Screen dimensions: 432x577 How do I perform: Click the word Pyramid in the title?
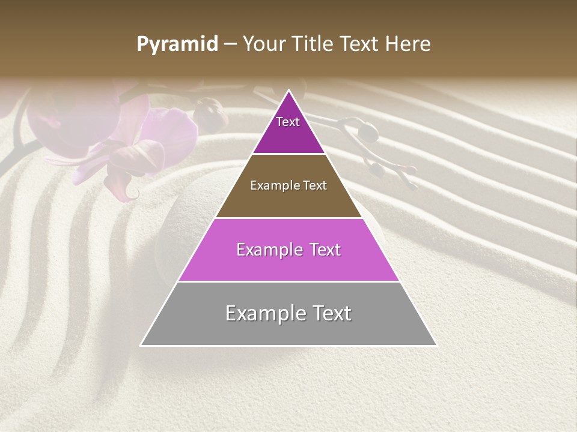tap(177, 44)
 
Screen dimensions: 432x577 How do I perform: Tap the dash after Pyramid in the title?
tap(230, 44)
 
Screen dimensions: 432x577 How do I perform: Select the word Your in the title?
tap(264, 44)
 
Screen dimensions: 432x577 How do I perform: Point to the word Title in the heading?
tap(313, 44)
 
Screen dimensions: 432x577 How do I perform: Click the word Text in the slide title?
tap(360, 44)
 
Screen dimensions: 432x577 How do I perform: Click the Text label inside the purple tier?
tap(288, 122)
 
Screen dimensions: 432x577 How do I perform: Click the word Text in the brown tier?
tap(314, 185)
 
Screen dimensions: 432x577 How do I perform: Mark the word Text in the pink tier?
tap(325, 250)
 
